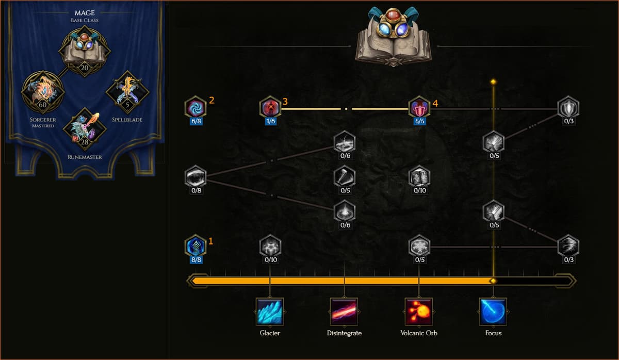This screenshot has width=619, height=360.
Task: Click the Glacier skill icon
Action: point(270,312)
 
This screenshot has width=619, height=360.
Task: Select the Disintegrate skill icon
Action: point(344,312)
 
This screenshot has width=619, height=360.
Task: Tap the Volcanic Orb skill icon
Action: point(419,312)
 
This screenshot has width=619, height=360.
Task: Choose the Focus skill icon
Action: point(493,312)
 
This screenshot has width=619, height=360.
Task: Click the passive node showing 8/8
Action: point(196,246)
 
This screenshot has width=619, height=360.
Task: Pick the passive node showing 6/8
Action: point(196,107)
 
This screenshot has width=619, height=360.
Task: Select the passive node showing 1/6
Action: point(270,107)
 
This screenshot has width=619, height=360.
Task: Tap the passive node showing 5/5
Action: point(419,107)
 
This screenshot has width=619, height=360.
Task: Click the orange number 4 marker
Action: point(435,103)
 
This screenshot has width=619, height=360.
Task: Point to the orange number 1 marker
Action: point(210,241)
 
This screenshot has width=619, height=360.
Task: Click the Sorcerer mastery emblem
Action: point(43,92)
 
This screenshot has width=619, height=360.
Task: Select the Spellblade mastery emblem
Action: point(127,92)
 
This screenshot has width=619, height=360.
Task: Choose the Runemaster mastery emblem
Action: point(85,129)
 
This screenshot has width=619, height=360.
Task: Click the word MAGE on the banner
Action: point(85,13)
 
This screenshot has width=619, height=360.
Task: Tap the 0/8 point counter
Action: point(196,190)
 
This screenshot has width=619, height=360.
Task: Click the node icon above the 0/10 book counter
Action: point(419,176)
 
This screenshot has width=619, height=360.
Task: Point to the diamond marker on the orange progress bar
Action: point(493,281)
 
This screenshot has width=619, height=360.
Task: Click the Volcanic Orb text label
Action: point(419,333)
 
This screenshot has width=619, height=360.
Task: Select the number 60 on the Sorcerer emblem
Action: point(42,105)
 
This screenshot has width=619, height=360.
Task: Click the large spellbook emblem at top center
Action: point(394,36)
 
